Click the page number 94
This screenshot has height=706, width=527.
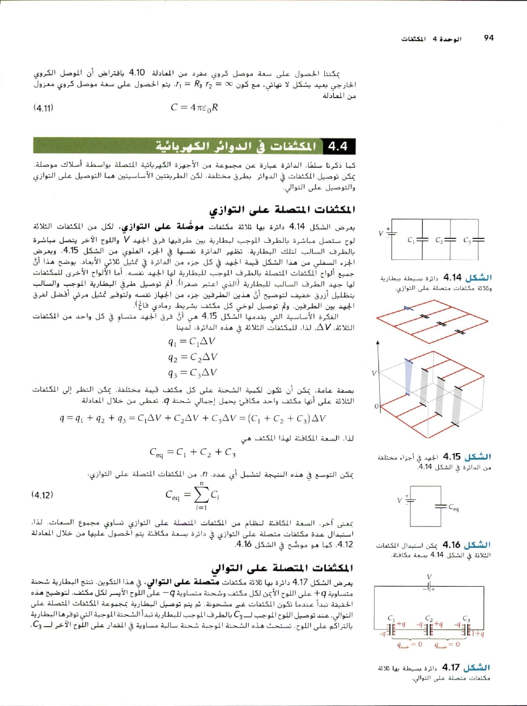[x=489, y=38]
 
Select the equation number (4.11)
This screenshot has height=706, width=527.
[x=43, y=107]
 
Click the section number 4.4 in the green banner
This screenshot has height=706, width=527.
[x=337, y=146]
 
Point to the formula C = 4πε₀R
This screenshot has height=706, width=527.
[x=194, y=107]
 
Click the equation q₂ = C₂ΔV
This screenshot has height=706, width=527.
[x=193, y=357]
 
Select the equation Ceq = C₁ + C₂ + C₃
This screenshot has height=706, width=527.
[x=193, y=452]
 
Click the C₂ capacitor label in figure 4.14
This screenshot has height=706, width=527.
[x=440, y=240]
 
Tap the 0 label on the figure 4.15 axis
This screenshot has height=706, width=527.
[x=377, y=406]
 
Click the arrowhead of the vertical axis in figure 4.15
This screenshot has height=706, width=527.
[x=378, y=342]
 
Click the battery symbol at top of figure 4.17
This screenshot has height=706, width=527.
[x=429, y=585]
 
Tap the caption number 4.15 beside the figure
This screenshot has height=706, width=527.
[x=452, y=457]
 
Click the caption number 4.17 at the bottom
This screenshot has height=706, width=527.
[x=451, y=668]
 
